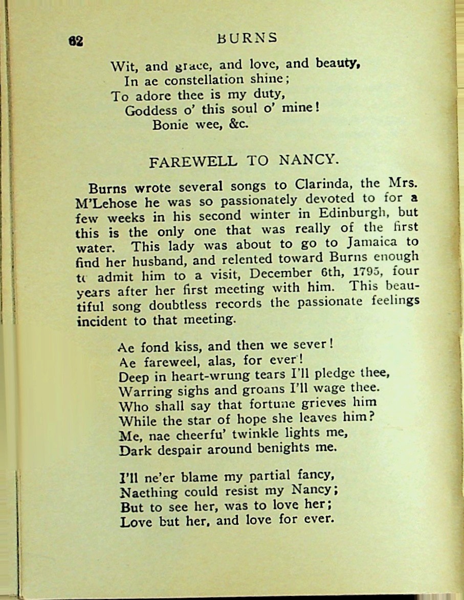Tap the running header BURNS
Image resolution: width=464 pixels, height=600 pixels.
(x=247, y=38)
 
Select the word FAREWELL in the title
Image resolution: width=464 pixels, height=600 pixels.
(x=193, y=161)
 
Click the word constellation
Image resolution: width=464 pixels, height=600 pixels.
(x=204, y=80)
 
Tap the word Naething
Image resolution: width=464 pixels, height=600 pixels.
(x=148, y=493)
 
